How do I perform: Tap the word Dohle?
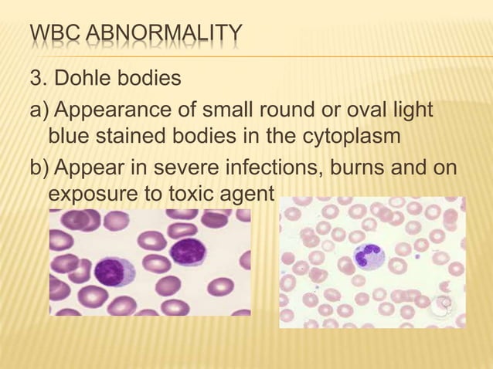point(87,79)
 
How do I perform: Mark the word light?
point(408,111)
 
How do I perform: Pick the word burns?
point(376,168)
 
